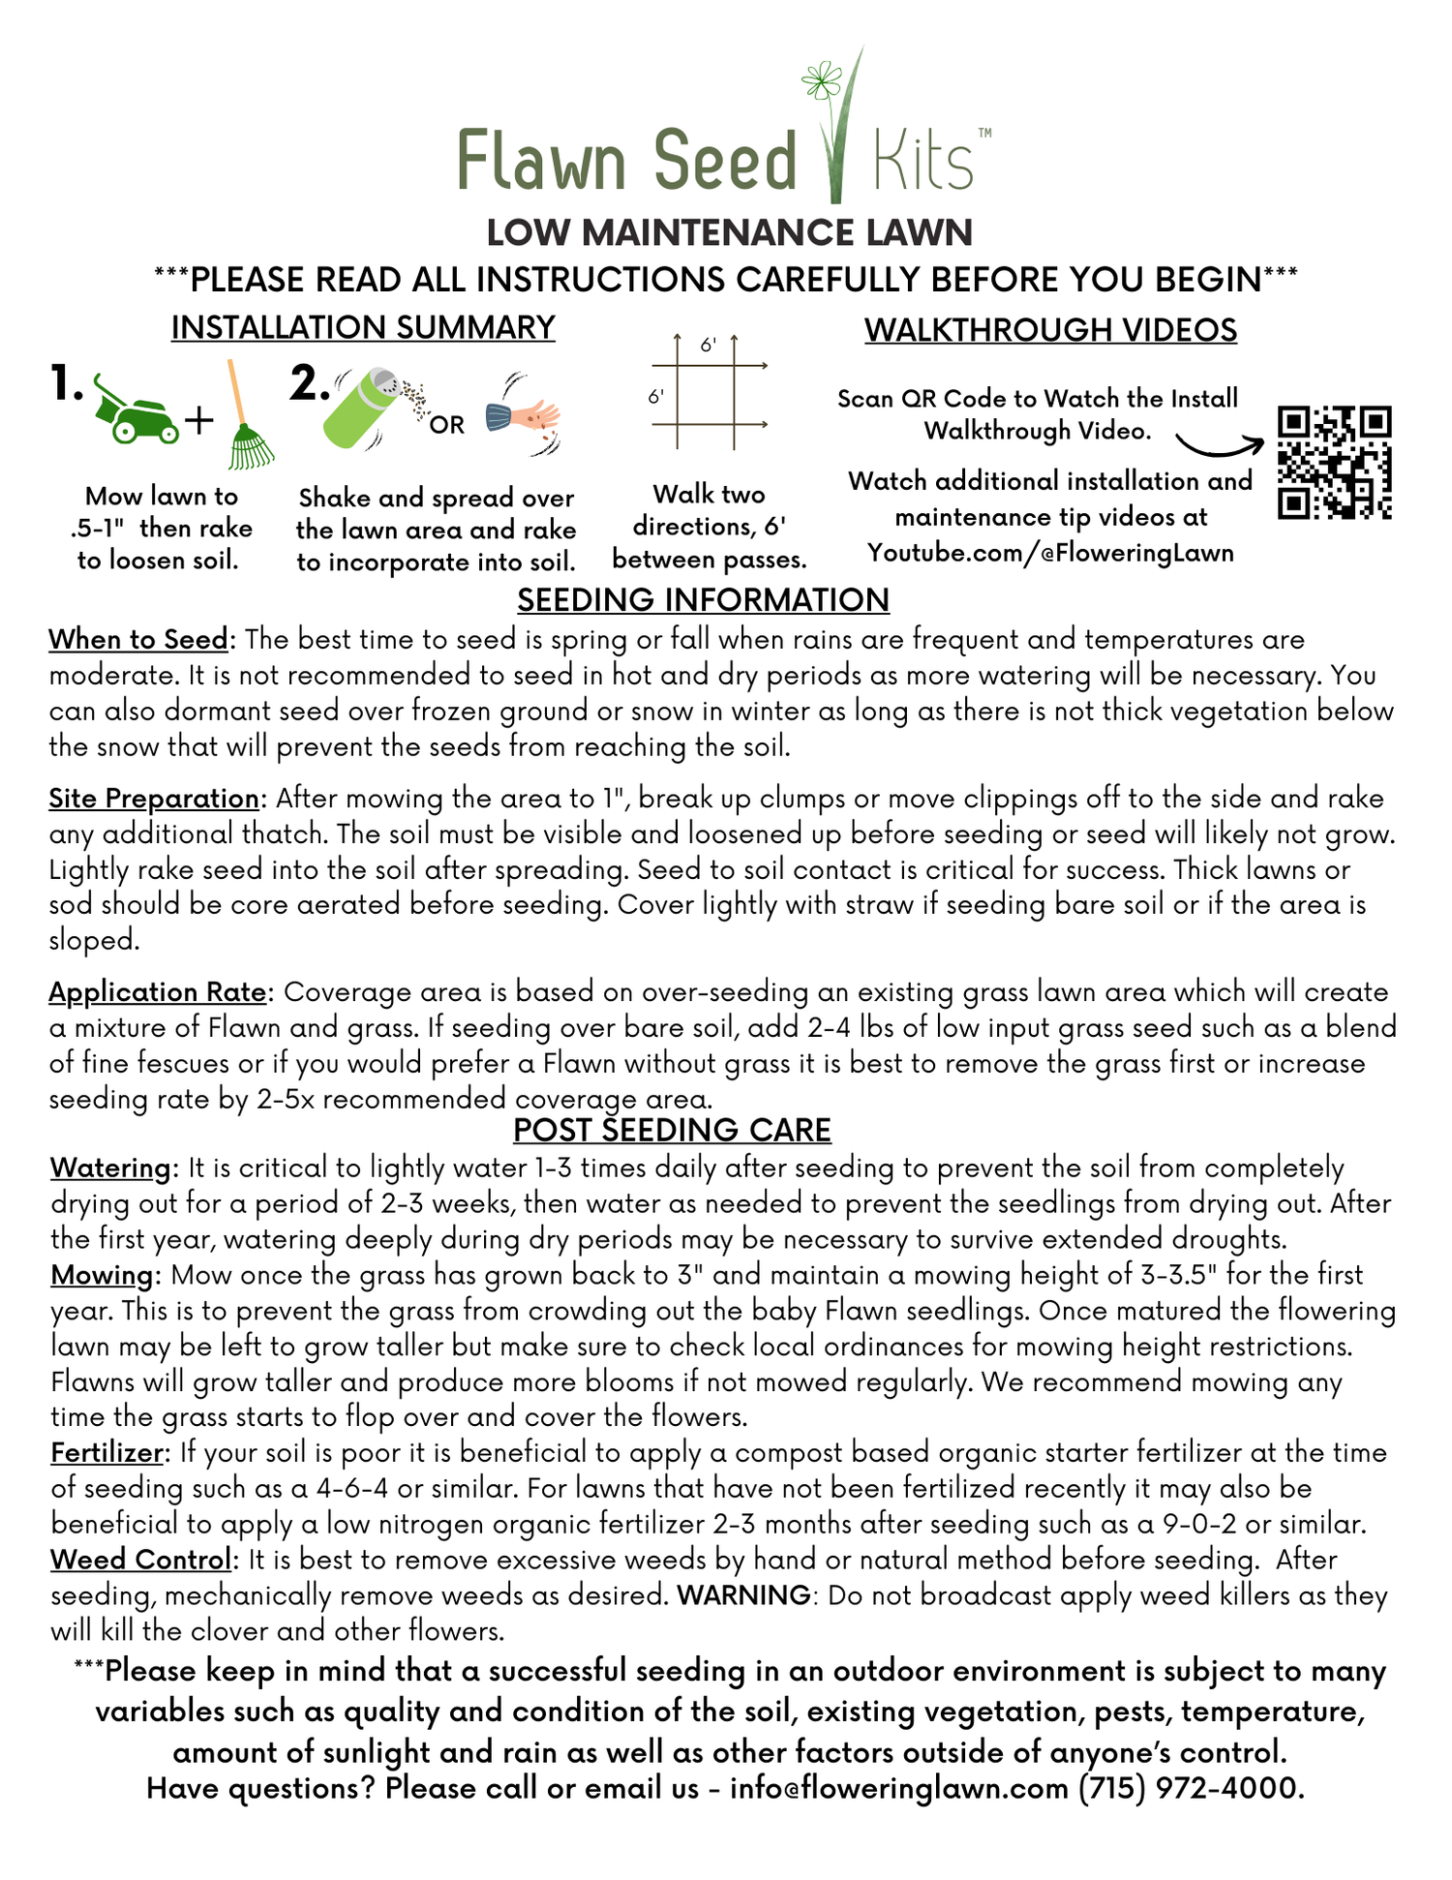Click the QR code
click(x=1334, y=463)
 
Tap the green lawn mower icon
click(x=136, y=411)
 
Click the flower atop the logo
click(x=823, y=79)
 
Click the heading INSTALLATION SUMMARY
click(x=363, y=328)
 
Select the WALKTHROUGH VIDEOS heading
click(x=1050, y=330)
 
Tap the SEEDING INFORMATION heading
click(x=703, y=600)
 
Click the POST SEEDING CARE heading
click(x=672, y=1130)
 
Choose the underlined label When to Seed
click(x=138, y=640)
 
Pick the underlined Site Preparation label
click(x=154, y=799)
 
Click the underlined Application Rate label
click(x=158, y=992)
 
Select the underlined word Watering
click(x=110, y=1168)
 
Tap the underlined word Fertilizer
click(x=106, y=1453)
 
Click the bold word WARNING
click(x=743, y=1595)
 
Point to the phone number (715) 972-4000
click(x=1191, y=1787)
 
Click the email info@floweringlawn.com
click(x=899, y=1787)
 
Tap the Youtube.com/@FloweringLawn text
click(x=1050, y=553)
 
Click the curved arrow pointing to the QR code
click(x=1219, y=446)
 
